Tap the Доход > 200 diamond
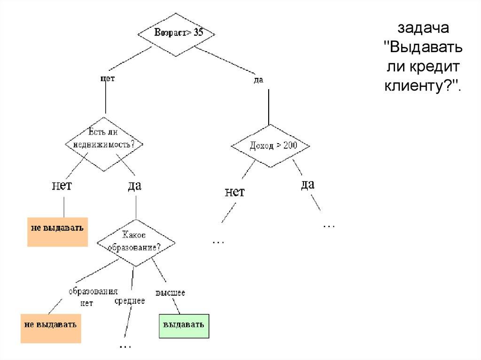tap(270, 146)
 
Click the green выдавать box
tap(183, 325)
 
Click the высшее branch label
tap(171, 292)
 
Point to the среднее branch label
tap(130, 301)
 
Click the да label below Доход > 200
tap(307, 184)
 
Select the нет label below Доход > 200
tap(235, 192)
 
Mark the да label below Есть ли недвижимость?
tap(134, 185)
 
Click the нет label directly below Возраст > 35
tap(108, 79)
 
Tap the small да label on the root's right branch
tap(258, 80)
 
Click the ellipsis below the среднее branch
tap(125, 346)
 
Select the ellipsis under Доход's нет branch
tap(218, 241)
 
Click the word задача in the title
tap(424, 28)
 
